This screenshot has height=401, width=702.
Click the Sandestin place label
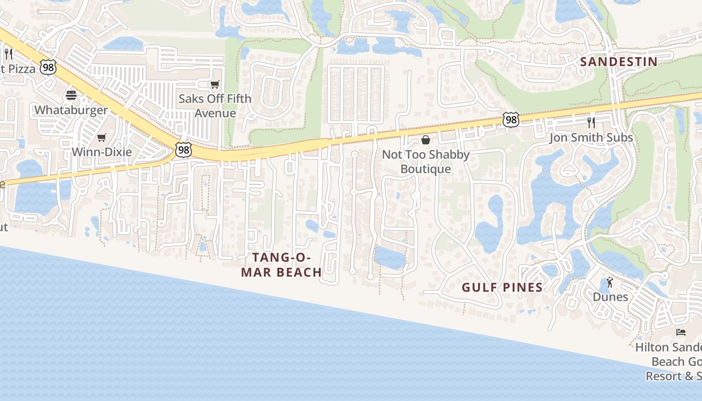[618, 62]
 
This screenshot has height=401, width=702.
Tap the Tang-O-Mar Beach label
[281, 265]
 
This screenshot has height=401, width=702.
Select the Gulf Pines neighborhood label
[502, 287]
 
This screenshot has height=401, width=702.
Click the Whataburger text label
[71, 110]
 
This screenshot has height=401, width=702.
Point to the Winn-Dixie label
[102, 151]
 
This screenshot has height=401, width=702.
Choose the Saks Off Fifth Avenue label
[215, 106]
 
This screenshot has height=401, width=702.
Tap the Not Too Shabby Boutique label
[426, 161]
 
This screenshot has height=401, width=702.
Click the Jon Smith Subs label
[591, 137]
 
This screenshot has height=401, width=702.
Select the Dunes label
[610, 297]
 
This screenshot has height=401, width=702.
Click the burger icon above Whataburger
[71, 95]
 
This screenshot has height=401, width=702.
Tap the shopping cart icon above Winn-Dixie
[102, 137]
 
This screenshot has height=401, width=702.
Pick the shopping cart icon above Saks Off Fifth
[215, 84]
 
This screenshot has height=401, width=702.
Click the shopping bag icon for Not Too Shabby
[426, 140]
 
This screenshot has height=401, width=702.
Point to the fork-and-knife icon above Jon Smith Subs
[591, 122]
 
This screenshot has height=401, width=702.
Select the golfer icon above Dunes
[610, 283]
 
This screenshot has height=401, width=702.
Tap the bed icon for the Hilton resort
[680, 332]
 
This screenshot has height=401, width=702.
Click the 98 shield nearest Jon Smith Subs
[510, 120]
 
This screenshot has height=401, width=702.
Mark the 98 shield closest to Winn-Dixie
[184, 149]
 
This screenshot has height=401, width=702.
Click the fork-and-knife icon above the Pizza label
[8, 54]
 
